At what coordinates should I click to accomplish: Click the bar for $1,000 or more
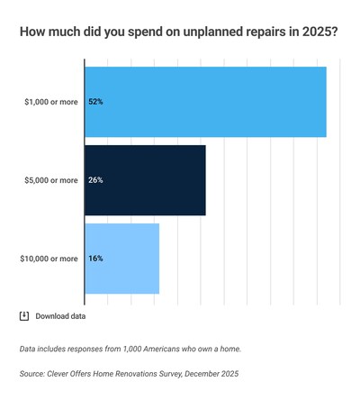coord(205,102)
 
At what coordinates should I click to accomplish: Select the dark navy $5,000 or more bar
coord(145,180)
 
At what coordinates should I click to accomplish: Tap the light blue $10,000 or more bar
coord(121,259)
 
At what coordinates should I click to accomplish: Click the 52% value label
coord(95,102)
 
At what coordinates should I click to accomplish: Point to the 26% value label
coord(95,180)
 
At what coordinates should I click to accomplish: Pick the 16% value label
coord(95,259)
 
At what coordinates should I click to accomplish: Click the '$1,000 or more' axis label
coord(51,102)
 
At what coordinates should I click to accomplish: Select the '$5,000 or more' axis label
coord(51,180)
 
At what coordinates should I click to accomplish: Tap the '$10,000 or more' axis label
coord(49,259)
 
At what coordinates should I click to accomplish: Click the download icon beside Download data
coord(23,316)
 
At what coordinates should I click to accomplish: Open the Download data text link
coord(61,317)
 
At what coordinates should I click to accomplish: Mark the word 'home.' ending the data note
coord(229,348)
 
